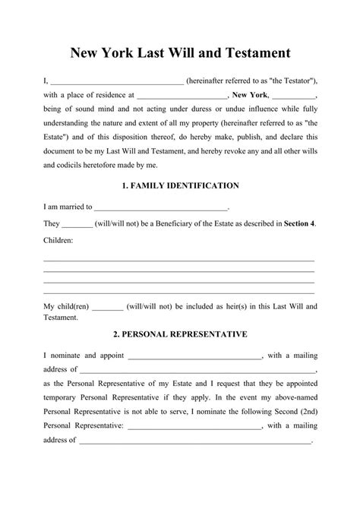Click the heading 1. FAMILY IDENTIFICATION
click(x=181, y=185)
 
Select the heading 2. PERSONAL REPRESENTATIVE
click(x=181, y=334)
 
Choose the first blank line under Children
click(x=179, y=261)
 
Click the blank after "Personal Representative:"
click(x=194, y=427)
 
